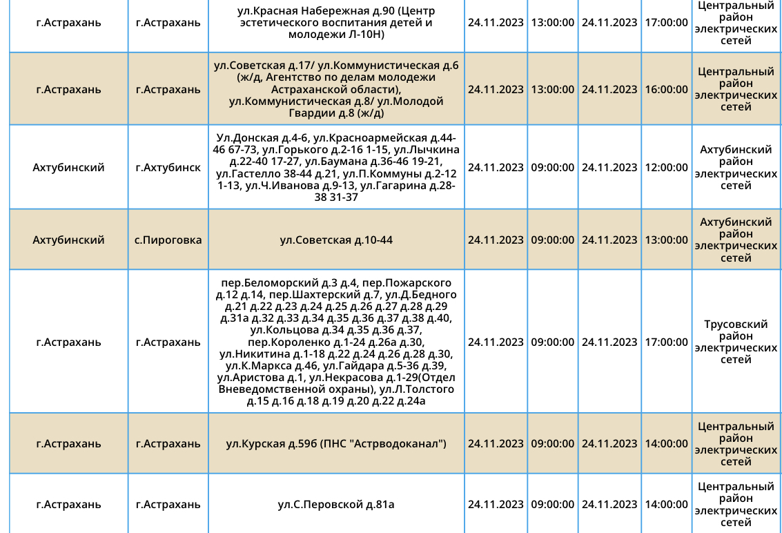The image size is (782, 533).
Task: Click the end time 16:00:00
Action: click(x=666, y=89)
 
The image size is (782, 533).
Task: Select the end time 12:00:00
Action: click(x=666, y=167)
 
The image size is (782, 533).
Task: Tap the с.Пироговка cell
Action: click(x=168, y=240)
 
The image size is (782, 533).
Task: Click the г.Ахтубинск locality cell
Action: click(x=168, y=167)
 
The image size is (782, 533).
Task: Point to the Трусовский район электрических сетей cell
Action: click(x=736, y=342)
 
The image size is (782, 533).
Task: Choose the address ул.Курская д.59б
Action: click(x=272, y=443)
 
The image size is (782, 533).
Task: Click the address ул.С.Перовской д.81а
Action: click(x=336, y=504)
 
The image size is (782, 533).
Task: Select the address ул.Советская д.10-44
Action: click(x=336, y=240)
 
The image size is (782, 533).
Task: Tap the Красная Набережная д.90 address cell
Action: click(x=336, y=22)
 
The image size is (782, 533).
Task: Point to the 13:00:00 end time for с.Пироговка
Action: click(x=666, y=240)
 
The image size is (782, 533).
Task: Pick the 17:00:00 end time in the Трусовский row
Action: click(x=666, y=342)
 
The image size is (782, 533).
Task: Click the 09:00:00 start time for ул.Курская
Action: click(x=552, y=443)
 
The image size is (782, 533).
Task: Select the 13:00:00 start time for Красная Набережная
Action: click(x=552, y=22)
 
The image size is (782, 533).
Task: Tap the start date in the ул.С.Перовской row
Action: click(x=496, y=504)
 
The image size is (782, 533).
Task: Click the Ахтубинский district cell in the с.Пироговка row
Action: click(x=68, y=240)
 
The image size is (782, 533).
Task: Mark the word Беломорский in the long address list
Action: click(x=287, y=283)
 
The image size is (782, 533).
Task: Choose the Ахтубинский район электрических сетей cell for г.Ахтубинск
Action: click(x=736, y=167)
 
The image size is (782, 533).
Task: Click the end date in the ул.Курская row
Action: click(x=609, y=443)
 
